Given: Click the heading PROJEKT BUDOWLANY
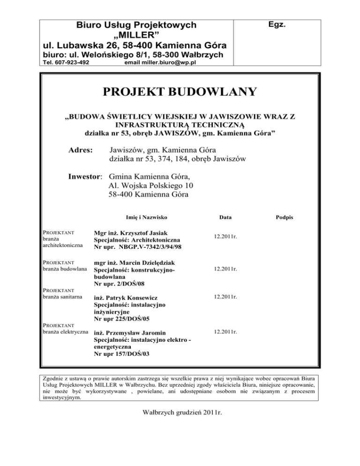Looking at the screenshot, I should point(180,91).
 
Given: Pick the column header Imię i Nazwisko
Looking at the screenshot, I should point(147,218).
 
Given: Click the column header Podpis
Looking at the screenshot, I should point(285,218).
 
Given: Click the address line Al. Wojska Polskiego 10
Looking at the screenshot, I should point(150,186).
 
